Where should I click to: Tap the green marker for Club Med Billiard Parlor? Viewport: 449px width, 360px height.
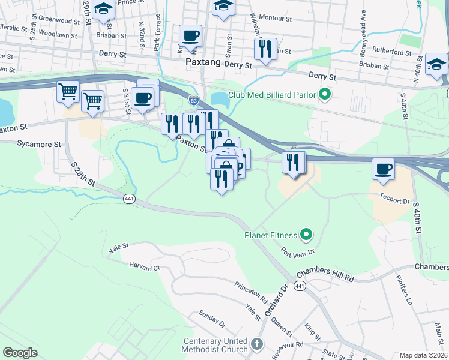(325, 94)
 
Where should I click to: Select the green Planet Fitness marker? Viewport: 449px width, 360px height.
(306, 234)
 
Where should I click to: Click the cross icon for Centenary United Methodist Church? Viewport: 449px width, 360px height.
(257, 344)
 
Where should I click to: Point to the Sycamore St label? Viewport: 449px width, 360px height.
(39, 145)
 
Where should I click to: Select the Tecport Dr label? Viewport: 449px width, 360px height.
(393, 201)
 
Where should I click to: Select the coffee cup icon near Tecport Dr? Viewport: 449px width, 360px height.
(383, 169)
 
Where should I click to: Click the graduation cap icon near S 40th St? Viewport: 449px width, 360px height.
(436, 64)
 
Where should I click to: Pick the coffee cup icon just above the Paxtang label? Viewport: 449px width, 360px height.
(191, 35)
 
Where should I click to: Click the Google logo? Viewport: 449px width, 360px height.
(20, 353)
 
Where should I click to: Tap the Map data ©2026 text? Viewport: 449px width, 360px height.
(423, 355)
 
